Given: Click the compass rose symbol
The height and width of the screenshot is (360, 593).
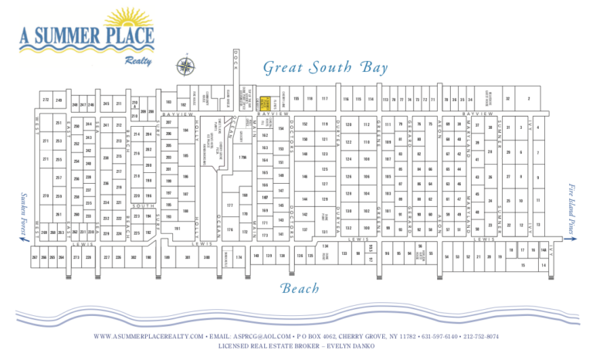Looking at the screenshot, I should click(x=185, y=66).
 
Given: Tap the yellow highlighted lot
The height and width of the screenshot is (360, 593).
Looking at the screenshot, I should click(x=263, y=102).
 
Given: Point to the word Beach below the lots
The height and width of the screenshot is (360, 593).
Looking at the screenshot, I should click(x=300, y=288).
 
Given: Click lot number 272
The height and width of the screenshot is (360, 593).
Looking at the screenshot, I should click(x=46, y=100).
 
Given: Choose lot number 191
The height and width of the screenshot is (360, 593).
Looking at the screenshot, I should click(x=178, y=229).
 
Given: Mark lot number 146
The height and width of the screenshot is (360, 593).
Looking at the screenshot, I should click(x=306, y=177).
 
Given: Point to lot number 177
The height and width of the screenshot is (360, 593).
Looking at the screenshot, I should click(x=230, y=205).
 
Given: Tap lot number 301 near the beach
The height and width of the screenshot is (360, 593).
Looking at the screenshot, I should click(x=188, y=256).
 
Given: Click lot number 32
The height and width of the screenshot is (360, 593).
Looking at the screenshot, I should click(x=507, y=99).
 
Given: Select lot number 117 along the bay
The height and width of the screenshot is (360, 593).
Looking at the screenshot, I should click(x=325, y=99).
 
